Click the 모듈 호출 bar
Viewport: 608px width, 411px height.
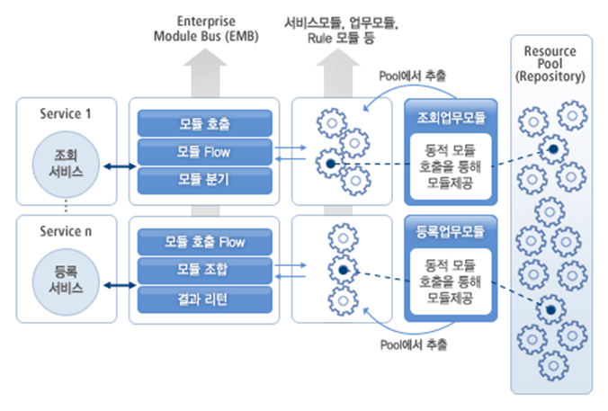click(x=204, y=123)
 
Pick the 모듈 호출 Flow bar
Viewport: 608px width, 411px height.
click(x=204, y=242)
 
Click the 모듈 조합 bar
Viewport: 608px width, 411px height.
click(x=204, y=269)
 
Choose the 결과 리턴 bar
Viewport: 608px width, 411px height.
click(x=204, y=297)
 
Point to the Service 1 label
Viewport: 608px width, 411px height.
click(x=66, y=114)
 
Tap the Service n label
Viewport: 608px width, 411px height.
click(x=66, y=232)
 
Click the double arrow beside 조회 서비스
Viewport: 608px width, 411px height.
click(x=117, y=166)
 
